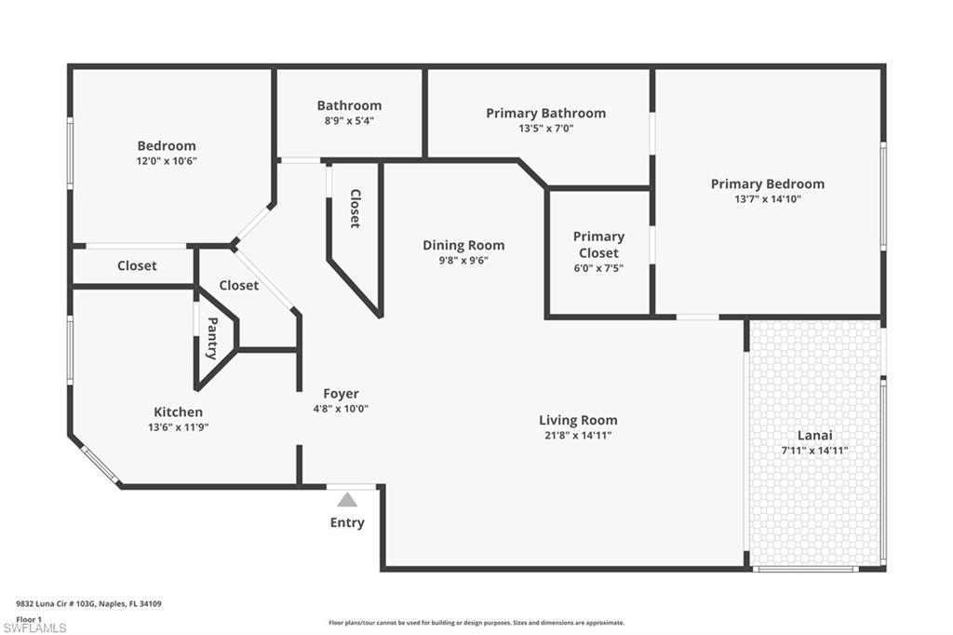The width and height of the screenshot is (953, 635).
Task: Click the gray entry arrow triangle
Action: (x=347, y=500)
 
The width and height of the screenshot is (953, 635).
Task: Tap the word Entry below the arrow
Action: (x=347, y=522)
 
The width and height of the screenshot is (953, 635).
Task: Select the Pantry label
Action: (x=212, y=338)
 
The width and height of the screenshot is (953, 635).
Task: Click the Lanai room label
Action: (x=814, y=435)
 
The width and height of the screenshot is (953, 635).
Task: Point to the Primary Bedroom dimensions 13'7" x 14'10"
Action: (x=768, y=199)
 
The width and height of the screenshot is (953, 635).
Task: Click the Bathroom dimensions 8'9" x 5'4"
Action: (x=349, y=120)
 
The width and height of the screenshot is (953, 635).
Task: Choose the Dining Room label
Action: (x=463, y=245)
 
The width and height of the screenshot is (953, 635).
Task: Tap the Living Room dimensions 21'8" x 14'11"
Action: (x=578, y=435)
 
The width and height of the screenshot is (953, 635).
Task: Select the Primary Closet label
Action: (x=598, y=245)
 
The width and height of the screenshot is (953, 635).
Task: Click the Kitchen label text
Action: (x=178, y=412)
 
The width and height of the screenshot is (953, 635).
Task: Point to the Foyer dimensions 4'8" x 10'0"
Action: (x=341, y=409)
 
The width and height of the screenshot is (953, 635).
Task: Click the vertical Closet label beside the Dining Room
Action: (x=355, y=209)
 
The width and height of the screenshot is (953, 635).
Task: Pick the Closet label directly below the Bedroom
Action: (x=137, y=265)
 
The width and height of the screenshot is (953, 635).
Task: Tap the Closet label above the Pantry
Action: (x=239, y=285)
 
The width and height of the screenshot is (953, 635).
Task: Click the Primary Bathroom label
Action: (x=545, y=114)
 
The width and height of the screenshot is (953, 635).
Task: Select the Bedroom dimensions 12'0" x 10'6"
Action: (x=167, y=161)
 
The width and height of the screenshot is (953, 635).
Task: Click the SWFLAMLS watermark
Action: (x=34, y=628)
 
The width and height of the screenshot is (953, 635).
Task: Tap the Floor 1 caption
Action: (x=29, y=619)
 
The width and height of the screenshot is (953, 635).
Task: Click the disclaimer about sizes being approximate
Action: (x=476, y=622)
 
